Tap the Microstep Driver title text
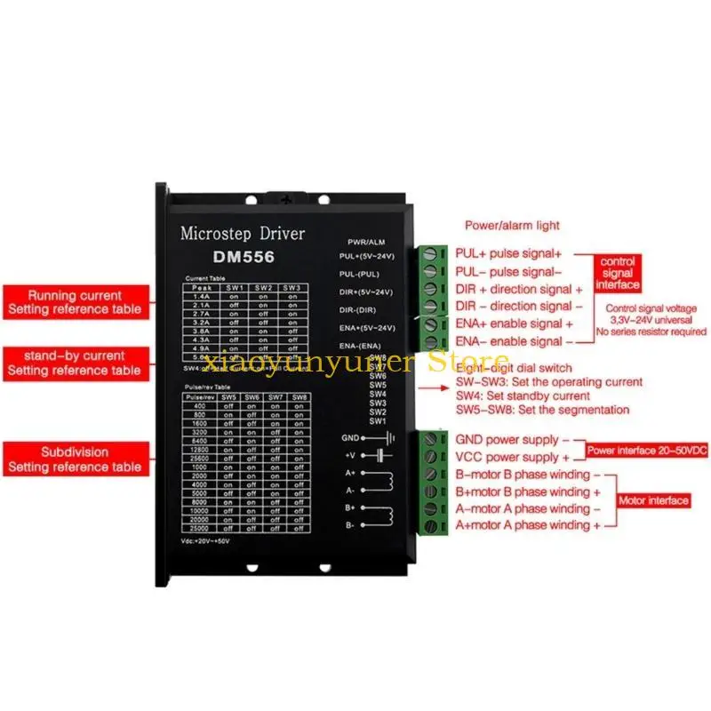[242, 235]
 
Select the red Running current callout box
[75, 302]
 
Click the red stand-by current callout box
[75, 363]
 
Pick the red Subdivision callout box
[75, 459]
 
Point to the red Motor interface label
[653, 501]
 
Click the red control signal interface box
[618, 274]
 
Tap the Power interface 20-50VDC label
[646, 451]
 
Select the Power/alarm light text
[512, 226]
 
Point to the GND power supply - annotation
[507, 440]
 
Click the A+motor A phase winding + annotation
[528, 525]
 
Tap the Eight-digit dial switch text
[514, 368]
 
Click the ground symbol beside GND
[387, 437]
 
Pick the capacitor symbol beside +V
[385, 455]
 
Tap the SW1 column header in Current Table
[235, 288]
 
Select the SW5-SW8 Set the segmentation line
[542, 410]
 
